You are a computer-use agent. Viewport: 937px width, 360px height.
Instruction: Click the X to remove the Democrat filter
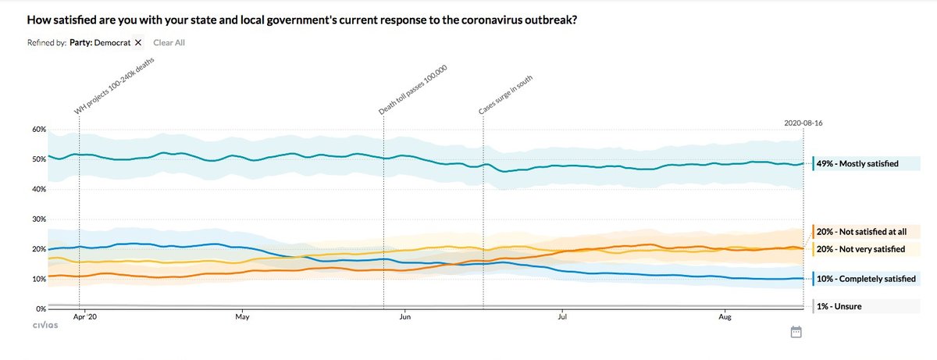(x=138, y=42)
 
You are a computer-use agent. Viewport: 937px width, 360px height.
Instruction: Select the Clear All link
(x=169, y=42)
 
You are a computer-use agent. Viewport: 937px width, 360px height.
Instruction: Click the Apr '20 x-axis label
(x=84, y=318)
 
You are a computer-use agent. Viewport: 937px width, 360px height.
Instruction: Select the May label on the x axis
(x=241, y=318)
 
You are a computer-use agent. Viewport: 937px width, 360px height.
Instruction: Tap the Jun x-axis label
(x=404, y=318)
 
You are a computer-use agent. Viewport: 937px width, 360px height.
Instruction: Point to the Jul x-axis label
(x=562, y=318)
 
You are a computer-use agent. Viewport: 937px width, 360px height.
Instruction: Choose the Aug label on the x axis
(x=724, y=318)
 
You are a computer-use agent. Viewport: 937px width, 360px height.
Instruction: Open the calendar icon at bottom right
(x=796, y=332)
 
